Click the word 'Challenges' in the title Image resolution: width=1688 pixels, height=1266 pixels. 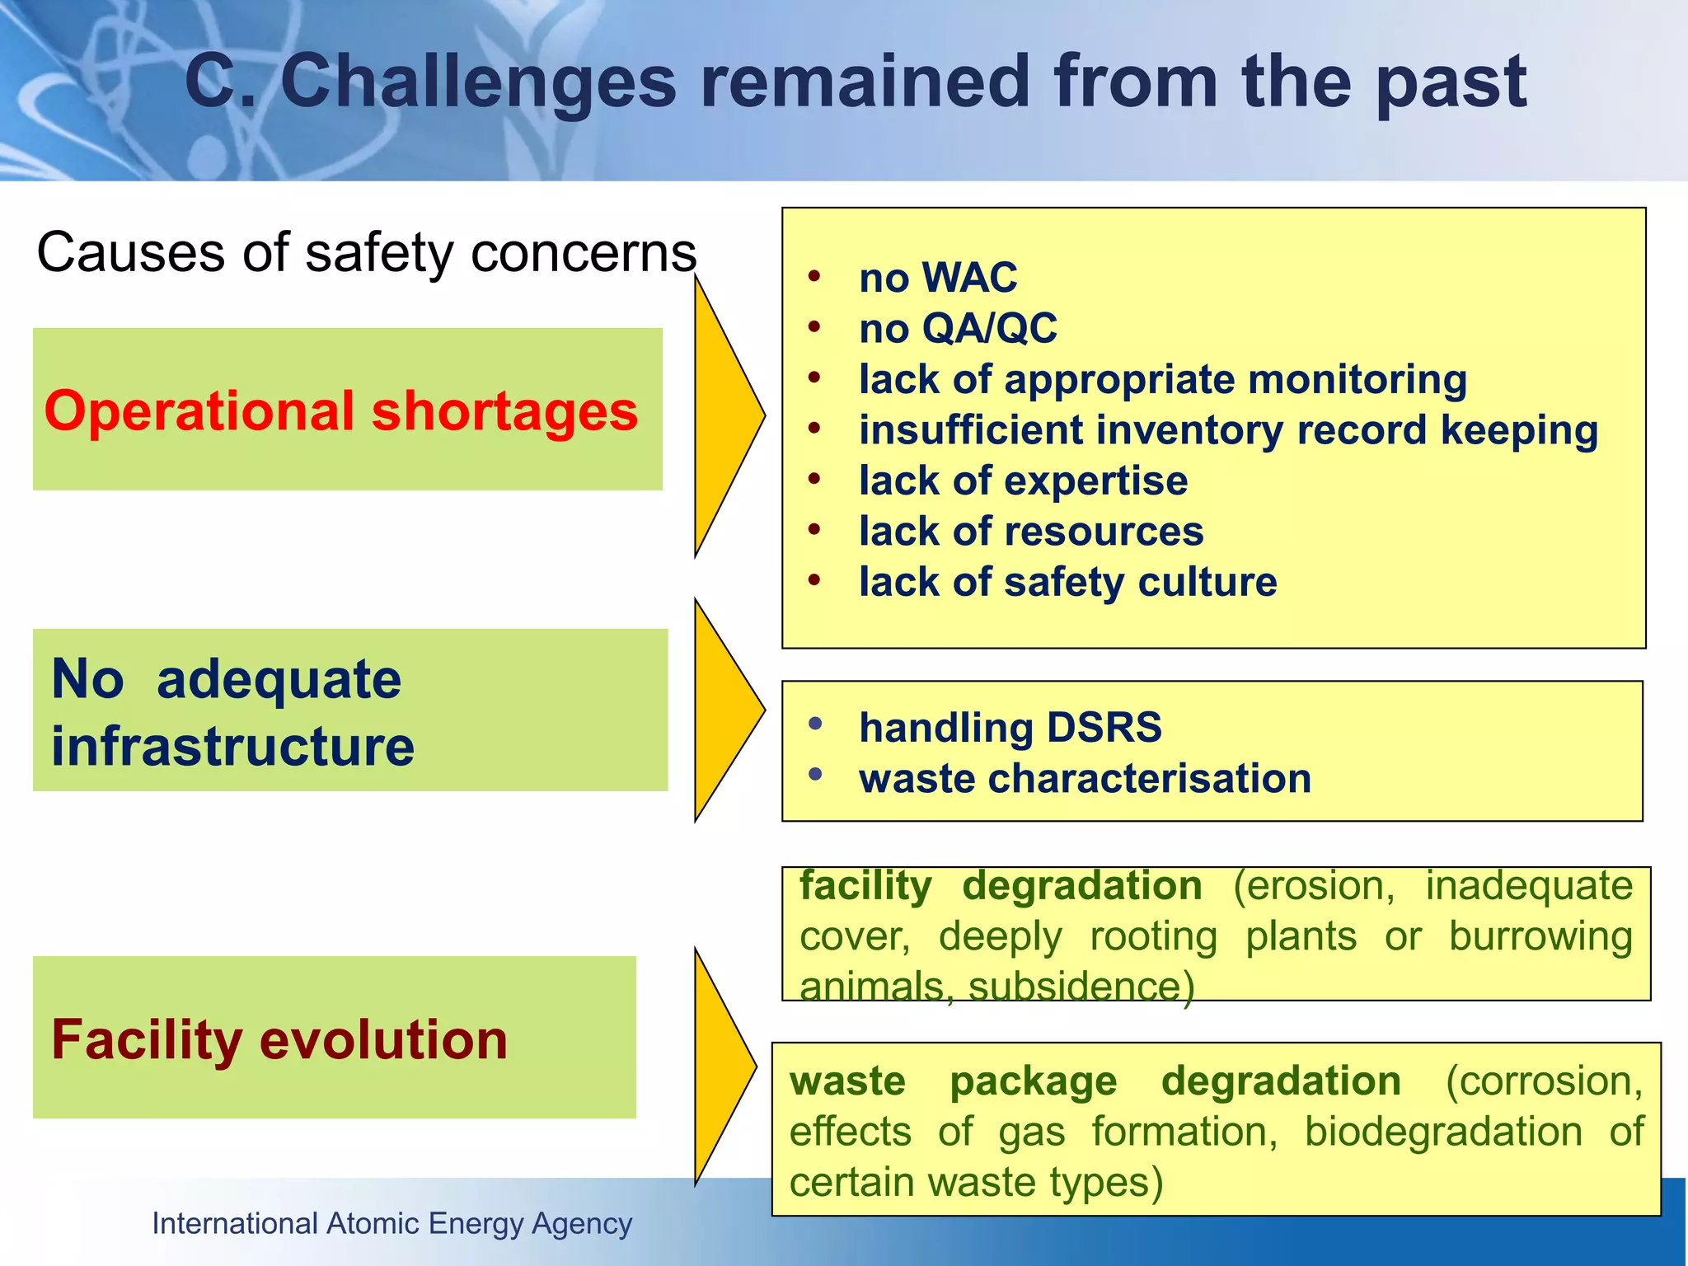tap(478, 82)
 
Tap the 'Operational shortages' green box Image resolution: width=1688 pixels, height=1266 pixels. tap(347, 410)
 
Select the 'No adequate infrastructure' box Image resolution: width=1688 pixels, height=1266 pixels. tap(349, 710)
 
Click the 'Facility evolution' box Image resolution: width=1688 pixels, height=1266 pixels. tap(334, 1038)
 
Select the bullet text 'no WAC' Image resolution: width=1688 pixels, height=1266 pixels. tap(937, 278)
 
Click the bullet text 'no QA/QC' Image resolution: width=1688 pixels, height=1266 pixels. tap(957, 329)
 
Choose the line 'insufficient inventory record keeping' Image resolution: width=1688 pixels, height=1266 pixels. tap(1227, 430)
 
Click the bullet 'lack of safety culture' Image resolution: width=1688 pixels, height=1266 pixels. tap(1067, 583)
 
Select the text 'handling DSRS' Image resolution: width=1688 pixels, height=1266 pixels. tap(1010, 728)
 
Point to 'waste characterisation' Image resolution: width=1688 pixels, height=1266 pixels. tap(1085, 779)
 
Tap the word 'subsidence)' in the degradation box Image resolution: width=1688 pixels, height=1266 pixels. tap(1081, 987)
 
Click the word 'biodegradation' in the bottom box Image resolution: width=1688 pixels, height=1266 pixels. tap(1443, 1132)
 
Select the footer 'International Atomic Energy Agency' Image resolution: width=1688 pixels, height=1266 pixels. tap(392, 1224)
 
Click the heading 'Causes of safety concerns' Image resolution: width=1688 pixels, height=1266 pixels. tap(367, 252)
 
